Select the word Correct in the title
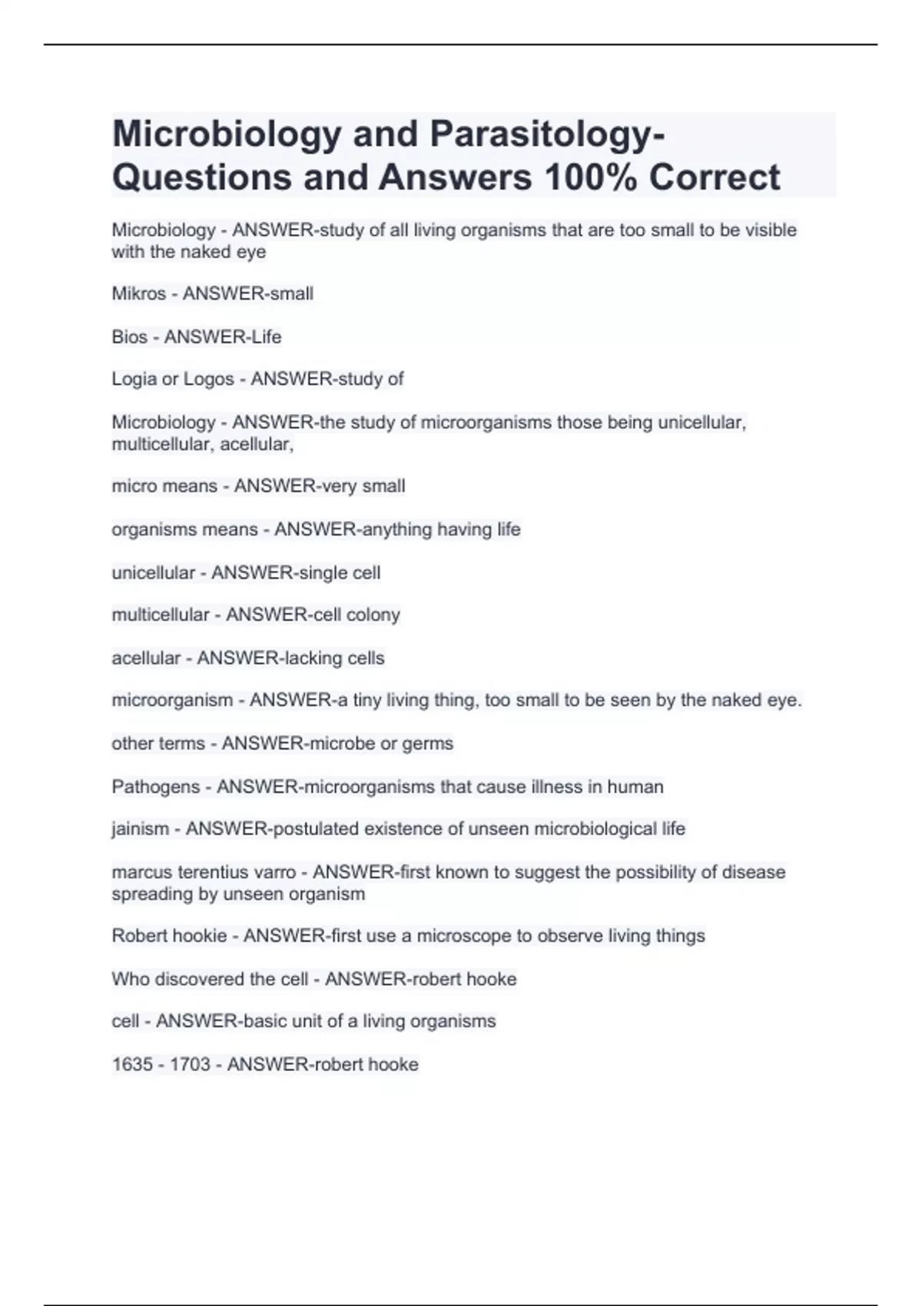pos(715,177)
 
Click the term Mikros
pos(138,293)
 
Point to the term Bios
pos(129,336)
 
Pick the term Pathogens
pos(156,787)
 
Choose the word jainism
pos(140,829)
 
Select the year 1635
pos(132,1064)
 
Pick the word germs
pos(433,744)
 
